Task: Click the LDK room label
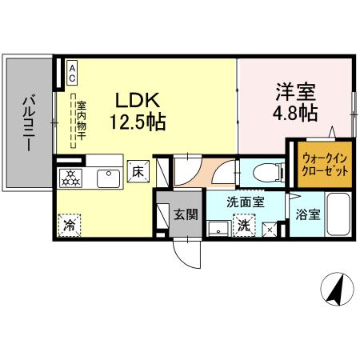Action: tap(141, 101)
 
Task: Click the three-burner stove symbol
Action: tap(70, 178)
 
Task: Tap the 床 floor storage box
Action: tap(137, 170)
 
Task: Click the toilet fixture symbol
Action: tap(262, 171)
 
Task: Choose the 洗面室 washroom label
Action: tap(245, 202)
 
